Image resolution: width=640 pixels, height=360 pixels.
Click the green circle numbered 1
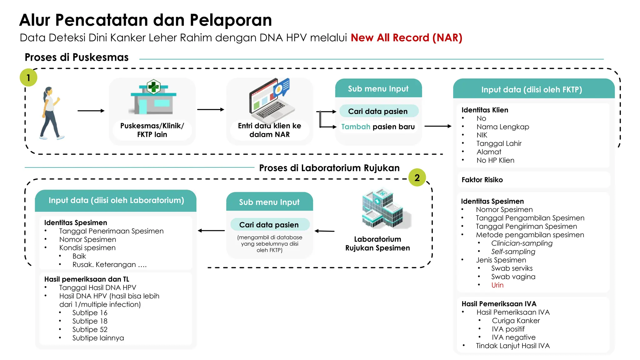(x=28, y=77)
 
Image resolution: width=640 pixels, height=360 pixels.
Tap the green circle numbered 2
(x=417, y=177)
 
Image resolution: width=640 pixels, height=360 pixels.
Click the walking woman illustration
(x=51, y=113)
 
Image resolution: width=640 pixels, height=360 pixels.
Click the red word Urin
(x=497, y=285)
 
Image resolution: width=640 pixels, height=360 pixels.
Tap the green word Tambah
(x=356, y=127)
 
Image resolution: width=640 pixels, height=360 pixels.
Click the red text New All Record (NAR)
(x=406, y=37)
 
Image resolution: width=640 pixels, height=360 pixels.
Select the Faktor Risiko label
(x=482, y=180)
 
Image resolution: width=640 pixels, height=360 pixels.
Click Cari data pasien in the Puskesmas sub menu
(x=378, y=111)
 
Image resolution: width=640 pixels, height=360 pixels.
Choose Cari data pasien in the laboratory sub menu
(x=269, y=225)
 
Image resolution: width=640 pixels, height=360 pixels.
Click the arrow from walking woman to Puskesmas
(x=91, y=111)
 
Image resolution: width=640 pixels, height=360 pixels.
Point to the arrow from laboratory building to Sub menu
(x=325, y=231)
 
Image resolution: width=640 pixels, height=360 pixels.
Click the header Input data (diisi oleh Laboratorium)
(x=116, y=200)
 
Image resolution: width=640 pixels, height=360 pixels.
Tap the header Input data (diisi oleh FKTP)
(x=532, y=90)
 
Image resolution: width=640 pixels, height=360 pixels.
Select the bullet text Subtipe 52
(x=90, y=329)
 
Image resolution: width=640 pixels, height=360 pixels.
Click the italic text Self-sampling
(x=513, y=252)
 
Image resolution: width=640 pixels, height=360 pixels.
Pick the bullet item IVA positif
(x=508, y=329)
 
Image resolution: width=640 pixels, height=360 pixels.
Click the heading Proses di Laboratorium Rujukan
(x=329, y=168)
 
